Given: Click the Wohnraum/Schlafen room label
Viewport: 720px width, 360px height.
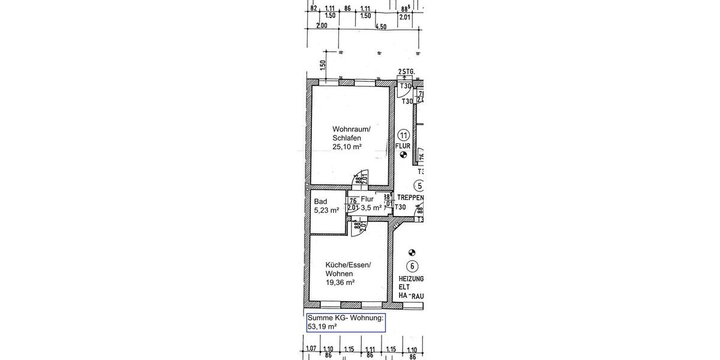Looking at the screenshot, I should point(352,134).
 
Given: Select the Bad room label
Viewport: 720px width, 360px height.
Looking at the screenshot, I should point(320,201).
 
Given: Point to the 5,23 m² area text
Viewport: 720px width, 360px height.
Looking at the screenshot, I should point(326,211).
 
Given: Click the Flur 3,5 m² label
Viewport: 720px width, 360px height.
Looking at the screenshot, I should point(370,203).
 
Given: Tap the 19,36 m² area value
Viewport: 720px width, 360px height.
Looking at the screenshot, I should point(340,283).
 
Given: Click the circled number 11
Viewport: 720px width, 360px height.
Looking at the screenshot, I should point(403,134).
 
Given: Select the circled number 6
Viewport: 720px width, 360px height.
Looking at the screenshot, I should point(412,266).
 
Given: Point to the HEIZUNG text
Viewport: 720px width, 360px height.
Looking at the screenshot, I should point(411,279).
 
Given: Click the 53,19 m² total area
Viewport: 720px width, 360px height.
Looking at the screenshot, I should point(322,327).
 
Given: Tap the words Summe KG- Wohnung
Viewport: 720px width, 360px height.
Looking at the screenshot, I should point(344,318).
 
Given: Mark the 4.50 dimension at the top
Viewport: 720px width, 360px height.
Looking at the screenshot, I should point(380,26).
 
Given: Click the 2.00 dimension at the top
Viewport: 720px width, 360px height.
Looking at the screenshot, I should point(322,26).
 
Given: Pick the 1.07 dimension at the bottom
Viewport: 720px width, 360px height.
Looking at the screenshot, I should point(311,349).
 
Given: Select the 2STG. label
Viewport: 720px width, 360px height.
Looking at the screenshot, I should point(406,71).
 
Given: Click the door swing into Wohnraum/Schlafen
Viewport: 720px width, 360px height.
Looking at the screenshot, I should point(362,178).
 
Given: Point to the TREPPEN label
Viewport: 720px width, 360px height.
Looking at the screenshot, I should point(410,197).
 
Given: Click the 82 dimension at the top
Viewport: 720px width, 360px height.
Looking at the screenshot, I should point(313,9).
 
